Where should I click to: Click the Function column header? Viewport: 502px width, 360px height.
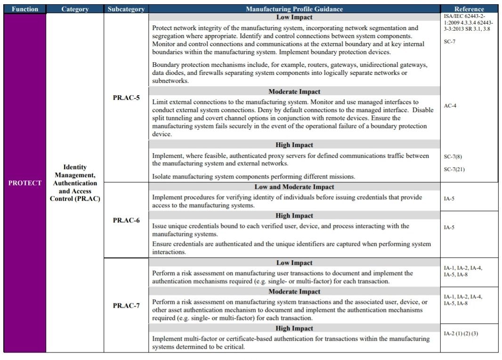[x=24, y=9]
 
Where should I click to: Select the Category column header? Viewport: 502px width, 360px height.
[x=75, y=9]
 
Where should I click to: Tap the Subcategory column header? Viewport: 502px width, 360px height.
[x=126, y=9]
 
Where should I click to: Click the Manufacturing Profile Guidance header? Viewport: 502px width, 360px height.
[x=294, y=9]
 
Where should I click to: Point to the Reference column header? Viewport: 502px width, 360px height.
[x=469, y=9]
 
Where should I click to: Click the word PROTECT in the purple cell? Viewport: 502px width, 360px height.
[x=25, y=183]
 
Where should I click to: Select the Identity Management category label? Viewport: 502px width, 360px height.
[x=75, y=183]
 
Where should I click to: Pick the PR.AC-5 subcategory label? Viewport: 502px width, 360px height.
[x=126, y=98]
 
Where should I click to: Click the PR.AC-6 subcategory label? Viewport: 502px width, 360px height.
[x=126, y=221]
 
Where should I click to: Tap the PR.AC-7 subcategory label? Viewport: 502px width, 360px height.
[x=126, y=305]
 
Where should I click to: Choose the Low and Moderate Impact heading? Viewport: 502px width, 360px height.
[x=294, y=187]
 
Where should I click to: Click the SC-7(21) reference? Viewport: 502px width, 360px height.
[x=454, y=169]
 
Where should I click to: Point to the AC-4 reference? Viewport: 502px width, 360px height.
[x=450, y=106]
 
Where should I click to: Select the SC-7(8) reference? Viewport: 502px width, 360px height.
[x=453, y=156]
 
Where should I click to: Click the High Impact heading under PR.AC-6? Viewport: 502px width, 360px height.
[x=294, y=216]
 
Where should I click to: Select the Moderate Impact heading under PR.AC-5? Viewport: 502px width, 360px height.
[x=294, y=91]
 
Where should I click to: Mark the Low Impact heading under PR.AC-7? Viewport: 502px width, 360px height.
[x=294, y=263]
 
